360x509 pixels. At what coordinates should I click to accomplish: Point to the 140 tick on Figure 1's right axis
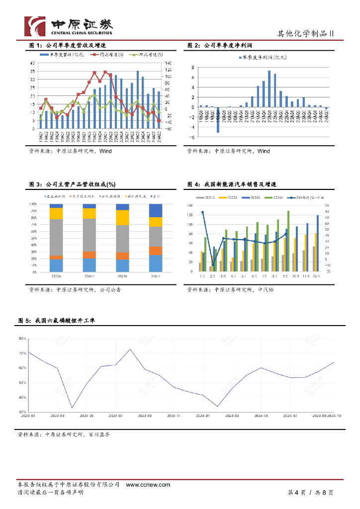pos(167,64)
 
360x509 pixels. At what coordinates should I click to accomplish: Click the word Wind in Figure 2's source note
pos(264,151)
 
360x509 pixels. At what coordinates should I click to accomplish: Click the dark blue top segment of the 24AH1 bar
pos(156,210)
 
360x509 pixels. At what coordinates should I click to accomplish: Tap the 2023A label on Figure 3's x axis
pos(122,275)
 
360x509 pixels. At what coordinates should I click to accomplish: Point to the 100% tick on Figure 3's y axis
pos(33,204)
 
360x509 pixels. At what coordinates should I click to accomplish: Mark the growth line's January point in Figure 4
pos(202,212)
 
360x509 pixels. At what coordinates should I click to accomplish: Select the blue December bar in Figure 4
pos(318,243)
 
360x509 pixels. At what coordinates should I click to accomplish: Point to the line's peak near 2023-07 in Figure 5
pos(130,349)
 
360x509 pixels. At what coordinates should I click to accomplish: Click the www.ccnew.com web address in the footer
pos(148,485)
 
